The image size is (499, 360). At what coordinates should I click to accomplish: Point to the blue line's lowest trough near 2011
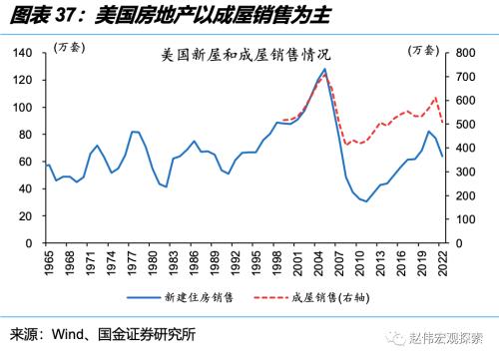click(366, 201)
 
